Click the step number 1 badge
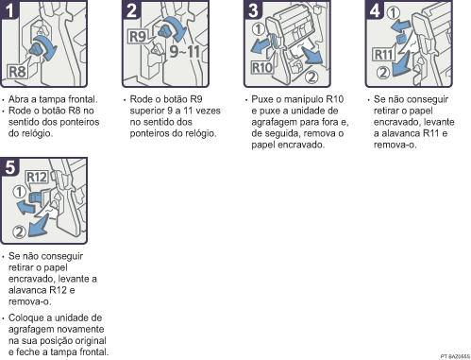[9, 9]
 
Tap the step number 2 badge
[131, 9]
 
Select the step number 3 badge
[253, 9]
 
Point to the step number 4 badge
[375, 9]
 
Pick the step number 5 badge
[9, 166]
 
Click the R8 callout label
[17, 72]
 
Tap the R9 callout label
[138, 37]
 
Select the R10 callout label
[261, 68]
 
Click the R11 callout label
[384, 55]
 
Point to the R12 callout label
[37, 178]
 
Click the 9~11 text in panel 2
[184, 51]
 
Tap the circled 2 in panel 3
[311, 77]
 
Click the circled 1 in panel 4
[393, 13]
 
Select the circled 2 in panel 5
[19, 232]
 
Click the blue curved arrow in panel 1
[48, 46]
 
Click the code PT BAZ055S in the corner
[455, 356]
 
